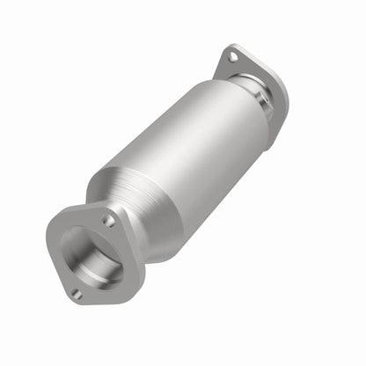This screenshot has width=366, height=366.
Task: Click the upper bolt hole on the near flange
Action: tap(108, 221)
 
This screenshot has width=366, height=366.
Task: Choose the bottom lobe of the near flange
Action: tap(74, 297)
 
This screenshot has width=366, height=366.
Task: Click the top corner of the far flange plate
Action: tap(225, 49)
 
